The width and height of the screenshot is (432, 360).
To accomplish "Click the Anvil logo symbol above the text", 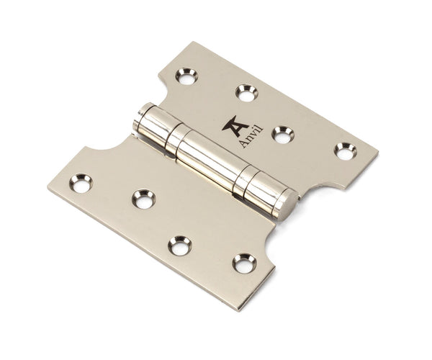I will tap(233, 126).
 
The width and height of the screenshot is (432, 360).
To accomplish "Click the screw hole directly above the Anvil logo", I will tap(246, 92).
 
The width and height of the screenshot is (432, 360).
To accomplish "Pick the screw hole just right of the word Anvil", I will tap(282, 133).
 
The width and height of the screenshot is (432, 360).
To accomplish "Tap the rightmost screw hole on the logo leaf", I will tap(346, 150).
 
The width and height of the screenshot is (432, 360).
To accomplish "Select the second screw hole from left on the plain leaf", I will tap(144, 198).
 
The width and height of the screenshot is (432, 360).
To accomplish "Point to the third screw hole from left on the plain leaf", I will tap(180, 245).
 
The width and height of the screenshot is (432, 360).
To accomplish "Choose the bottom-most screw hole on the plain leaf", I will tap(244, 263).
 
